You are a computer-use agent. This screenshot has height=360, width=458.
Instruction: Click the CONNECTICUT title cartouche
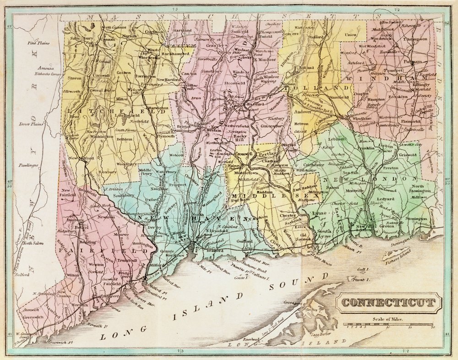point(390,303)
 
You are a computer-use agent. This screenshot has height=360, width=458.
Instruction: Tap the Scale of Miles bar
point(392,325)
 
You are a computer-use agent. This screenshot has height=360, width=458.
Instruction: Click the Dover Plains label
point(31,124)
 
